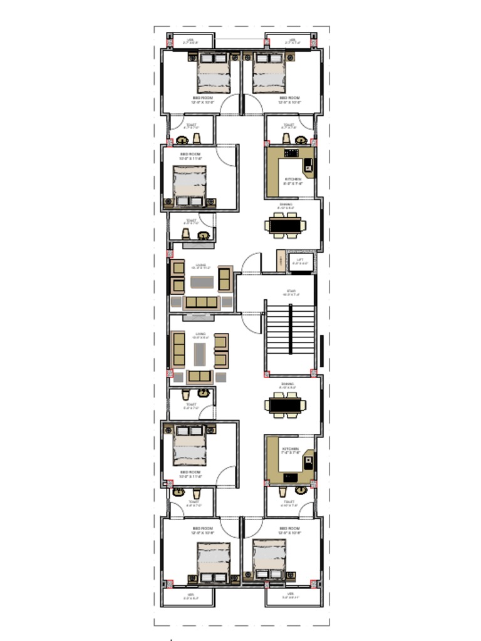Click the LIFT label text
(300, 259)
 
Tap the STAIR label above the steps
(291, 291)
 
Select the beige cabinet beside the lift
(281, 261)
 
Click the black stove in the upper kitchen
(292, 153)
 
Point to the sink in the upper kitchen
(308, 167)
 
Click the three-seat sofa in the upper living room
(202, 302)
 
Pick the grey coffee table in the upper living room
(202, 281)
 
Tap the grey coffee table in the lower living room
(200, 354)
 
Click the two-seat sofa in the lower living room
(200, 376)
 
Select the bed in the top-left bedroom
(214, 73)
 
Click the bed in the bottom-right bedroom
(269, 560)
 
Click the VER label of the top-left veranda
(190, 40)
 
